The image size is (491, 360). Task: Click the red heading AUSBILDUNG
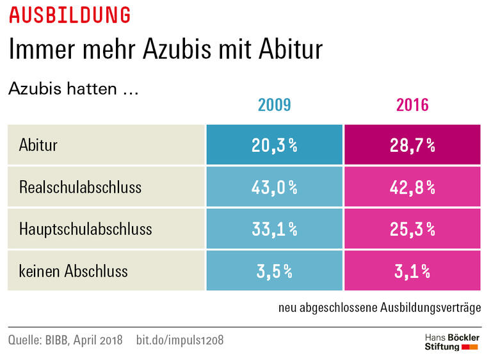click(x=70, y=15)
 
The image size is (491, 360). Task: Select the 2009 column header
click(x=275, y=105)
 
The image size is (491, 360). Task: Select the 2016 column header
click(x=412, y=105)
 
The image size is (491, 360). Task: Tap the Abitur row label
click(x=38, y=145)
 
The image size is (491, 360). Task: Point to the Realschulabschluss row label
click(x=80, y=187)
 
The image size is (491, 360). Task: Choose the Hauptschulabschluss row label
click(x=86, y=228)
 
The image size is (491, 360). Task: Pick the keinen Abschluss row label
click(x=74, y=270)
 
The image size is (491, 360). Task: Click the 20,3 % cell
click(x=275, y=145)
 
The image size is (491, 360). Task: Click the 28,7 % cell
click(x=412, y=145)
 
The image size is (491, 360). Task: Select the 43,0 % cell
click(x=275, y=187)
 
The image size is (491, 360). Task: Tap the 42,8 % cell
click(x=412, y=187)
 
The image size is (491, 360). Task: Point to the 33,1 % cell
click(x=275, y=228)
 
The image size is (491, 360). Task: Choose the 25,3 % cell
click(x=412, y=228)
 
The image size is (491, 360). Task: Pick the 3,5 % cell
click(x=275, y=270)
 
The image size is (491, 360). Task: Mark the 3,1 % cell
click(x=412, y=270)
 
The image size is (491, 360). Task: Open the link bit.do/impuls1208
click(x=180, y=340)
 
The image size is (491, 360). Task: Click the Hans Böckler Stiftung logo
click(x=452, y=341)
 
